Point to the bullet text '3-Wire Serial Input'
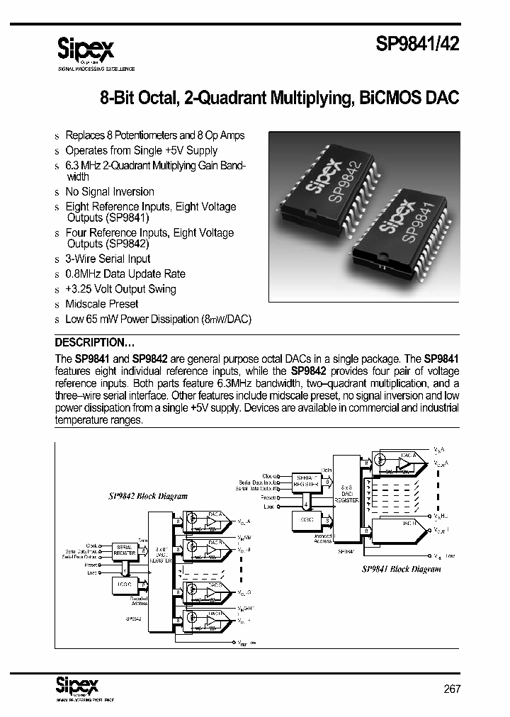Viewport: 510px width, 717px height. point(108,259)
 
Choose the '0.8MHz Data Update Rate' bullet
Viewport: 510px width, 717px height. point(125,274)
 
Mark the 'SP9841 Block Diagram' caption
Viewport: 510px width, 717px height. point(401,568)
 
